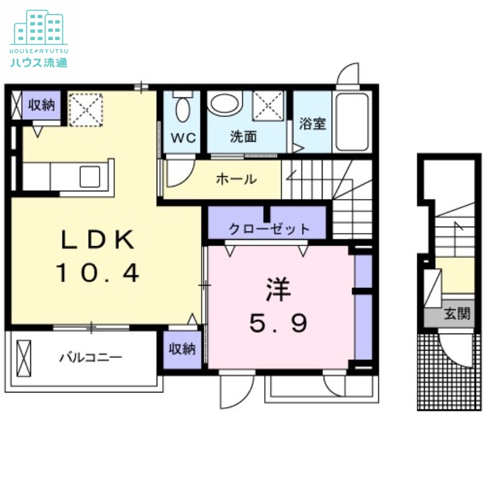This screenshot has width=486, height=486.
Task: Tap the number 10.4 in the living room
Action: click(98, 273)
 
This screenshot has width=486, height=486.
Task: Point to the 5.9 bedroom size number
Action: click(278, 324)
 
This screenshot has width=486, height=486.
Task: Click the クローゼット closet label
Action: click(269, 230)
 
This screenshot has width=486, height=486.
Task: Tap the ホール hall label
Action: click(235, 180)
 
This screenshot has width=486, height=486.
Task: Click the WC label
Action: click(183, 138)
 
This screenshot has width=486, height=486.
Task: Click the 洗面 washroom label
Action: click(242, 137)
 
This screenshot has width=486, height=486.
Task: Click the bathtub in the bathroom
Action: click(352, 122)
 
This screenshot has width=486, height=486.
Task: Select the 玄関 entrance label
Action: click(456, 314)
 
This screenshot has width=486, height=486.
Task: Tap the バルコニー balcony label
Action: click(91, 357)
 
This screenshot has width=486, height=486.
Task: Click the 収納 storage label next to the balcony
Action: click(182, 349)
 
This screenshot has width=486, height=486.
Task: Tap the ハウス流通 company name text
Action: click(38, 61)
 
